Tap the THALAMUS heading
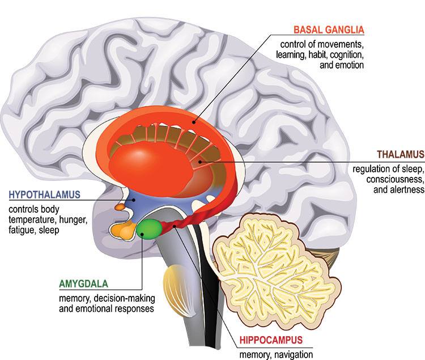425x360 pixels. tap(394, 154)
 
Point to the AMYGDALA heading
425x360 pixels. tap(83, 282)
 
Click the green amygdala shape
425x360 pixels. tap(149, 230)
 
